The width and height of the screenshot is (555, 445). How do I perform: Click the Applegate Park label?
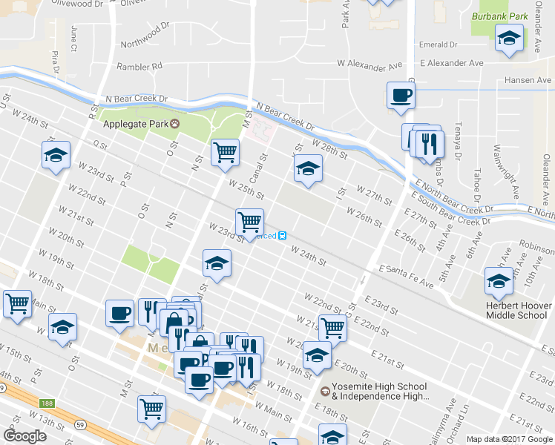click(136, 123)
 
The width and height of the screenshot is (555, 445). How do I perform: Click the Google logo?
click(24, 436)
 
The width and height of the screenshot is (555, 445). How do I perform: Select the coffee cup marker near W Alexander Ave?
click(401, 96)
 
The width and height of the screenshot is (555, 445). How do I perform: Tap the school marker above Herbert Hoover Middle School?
click(499, 281)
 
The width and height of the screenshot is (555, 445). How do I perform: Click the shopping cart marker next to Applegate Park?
click(225, 153)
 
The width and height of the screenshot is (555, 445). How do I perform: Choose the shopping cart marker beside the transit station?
click(249, 222)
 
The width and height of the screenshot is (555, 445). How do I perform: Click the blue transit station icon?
click(283, 236)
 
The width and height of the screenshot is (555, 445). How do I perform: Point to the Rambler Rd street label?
click(141, 66)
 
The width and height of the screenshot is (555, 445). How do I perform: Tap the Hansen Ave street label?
click(528, 80)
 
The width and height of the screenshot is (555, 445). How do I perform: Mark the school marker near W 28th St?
click(308, 168)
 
